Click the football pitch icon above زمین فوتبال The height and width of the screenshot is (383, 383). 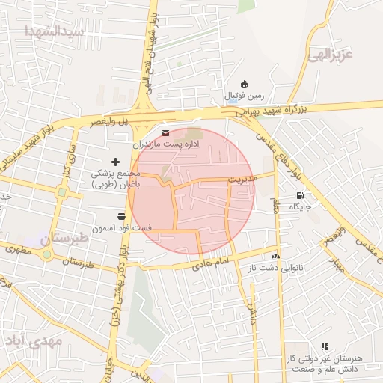coord(243,84)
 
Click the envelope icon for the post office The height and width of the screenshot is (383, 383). coord(165,133)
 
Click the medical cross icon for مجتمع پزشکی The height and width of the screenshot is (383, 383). coord(115,161)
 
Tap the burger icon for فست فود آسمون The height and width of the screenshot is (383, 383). coord(121,215)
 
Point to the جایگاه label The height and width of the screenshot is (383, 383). coord(300,206)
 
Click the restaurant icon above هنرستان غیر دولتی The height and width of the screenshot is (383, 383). coord(324,346)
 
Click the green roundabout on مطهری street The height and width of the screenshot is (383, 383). coord(48,254)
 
